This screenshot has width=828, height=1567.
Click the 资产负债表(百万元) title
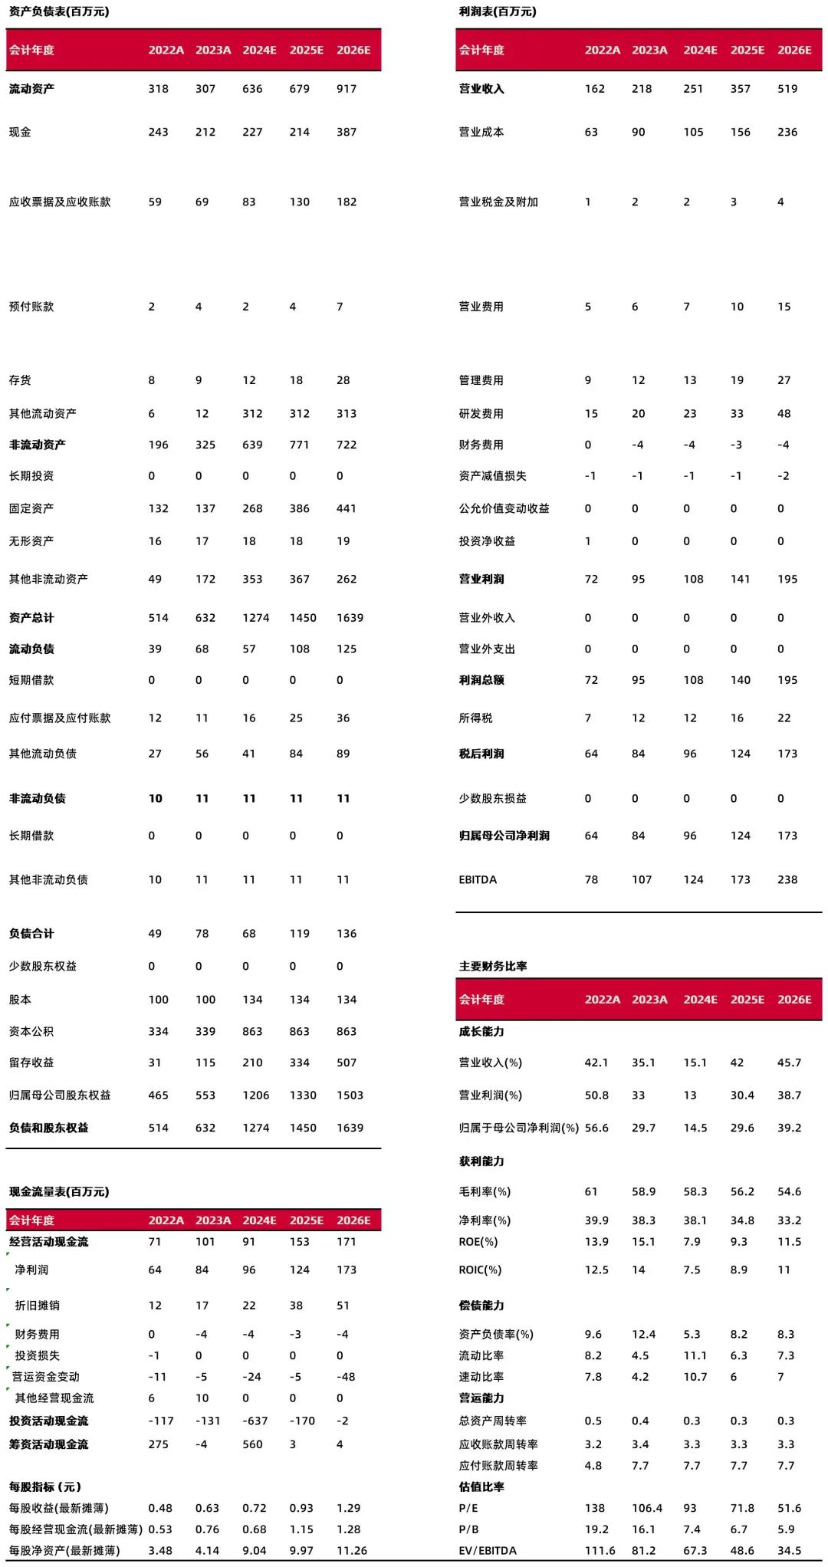click(x=59, y=11)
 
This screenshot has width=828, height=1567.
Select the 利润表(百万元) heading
click(x=498, y=11)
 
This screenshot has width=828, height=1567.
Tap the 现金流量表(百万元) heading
click(x=59, y=1191)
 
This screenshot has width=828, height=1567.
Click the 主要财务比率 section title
click(x=493, y=966)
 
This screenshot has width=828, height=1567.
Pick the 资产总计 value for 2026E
click(x=350, y=618)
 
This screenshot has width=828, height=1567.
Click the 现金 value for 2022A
click(x=159, y=132)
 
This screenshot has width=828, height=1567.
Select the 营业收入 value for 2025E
click(x=741, y=89)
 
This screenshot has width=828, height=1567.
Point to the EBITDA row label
click(x=478, y=879)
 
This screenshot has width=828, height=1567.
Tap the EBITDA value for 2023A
click(x=642, y=879)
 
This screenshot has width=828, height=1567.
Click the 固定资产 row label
click(x=31, y=508)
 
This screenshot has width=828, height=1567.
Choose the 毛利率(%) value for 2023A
click(x=644, y=1191)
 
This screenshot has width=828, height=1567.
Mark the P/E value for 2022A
click(x=595, y=1508)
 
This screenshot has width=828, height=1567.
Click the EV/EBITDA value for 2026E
click(x=790, y=1550)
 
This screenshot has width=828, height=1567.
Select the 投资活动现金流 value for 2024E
click(x=256, y=1421)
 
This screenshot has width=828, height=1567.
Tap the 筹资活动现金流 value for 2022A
click(x=159, y=1444)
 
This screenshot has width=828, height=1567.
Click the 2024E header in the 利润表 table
click(x=701, y=50)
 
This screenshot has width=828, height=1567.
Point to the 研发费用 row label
click(x=481, y=413)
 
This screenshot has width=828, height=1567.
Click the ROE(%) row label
click(x=478, y=1241)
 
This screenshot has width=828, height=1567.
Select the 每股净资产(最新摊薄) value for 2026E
click(x=352, y=1550)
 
